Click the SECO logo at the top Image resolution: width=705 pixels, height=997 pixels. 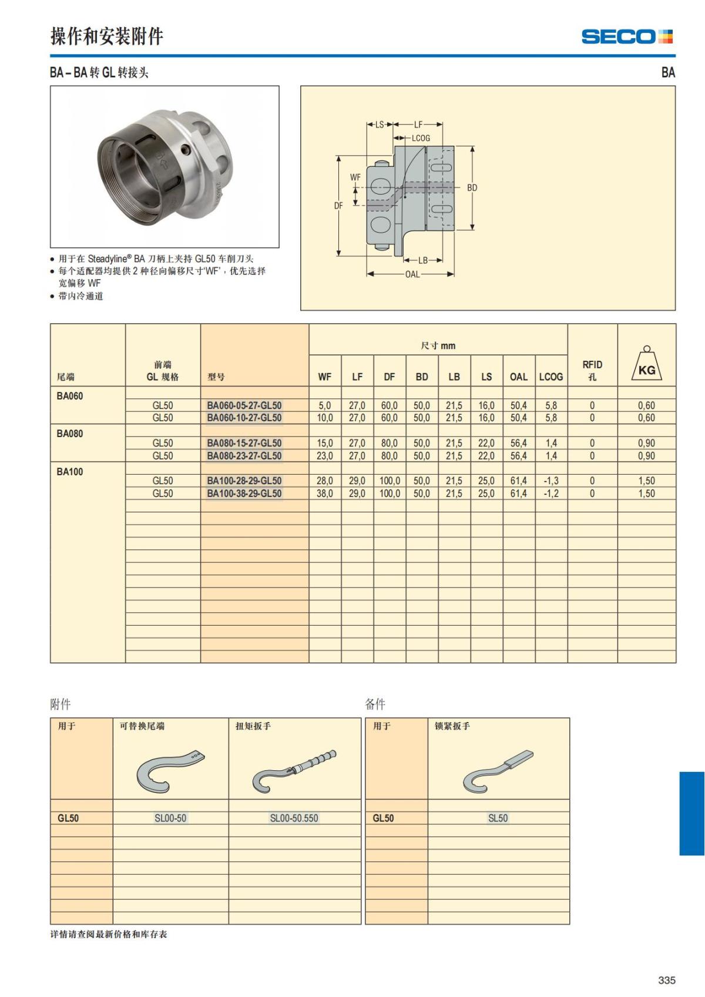pos(626,36)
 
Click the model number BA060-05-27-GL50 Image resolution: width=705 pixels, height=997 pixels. pos(244,405)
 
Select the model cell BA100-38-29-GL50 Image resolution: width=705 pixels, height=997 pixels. pos(244,494)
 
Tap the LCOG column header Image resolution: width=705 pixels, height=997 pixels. pos(550,377)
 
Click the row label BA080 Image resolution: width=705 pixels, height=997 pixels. pos(70,434)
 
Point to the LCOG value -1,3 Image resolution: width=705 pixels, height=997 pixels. pos(550,481)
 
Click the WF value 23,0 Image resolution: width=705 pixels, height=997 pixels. pos(324,456)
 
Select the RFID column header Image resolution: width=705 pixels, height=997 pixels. pos(592,370)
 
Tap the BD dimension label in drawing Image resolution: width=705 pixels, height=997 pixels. pos(472,188)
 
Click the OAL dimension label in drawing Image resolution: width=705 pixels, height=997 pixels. pos(412,274)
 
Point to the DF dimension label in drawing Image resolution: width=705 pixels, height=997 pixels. pos(338,206)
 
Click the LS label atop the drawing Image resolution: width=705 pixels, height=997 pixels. pos(379,125)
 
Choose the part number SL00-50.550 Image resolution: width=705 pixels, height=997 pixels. pos(294,818)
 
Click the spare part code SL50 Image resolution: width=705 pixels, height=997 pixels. pos(498,818)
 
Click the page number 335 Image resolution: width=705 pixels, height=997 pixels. pos(667,980)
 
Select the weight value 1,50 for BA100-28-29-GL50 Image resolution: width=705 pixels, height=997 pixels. pos(646,481)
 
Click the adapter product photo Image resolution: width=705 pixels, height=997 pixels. pos(164,166)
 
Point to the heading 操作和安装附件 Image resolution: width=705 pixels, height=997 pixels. pos(106,36)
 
